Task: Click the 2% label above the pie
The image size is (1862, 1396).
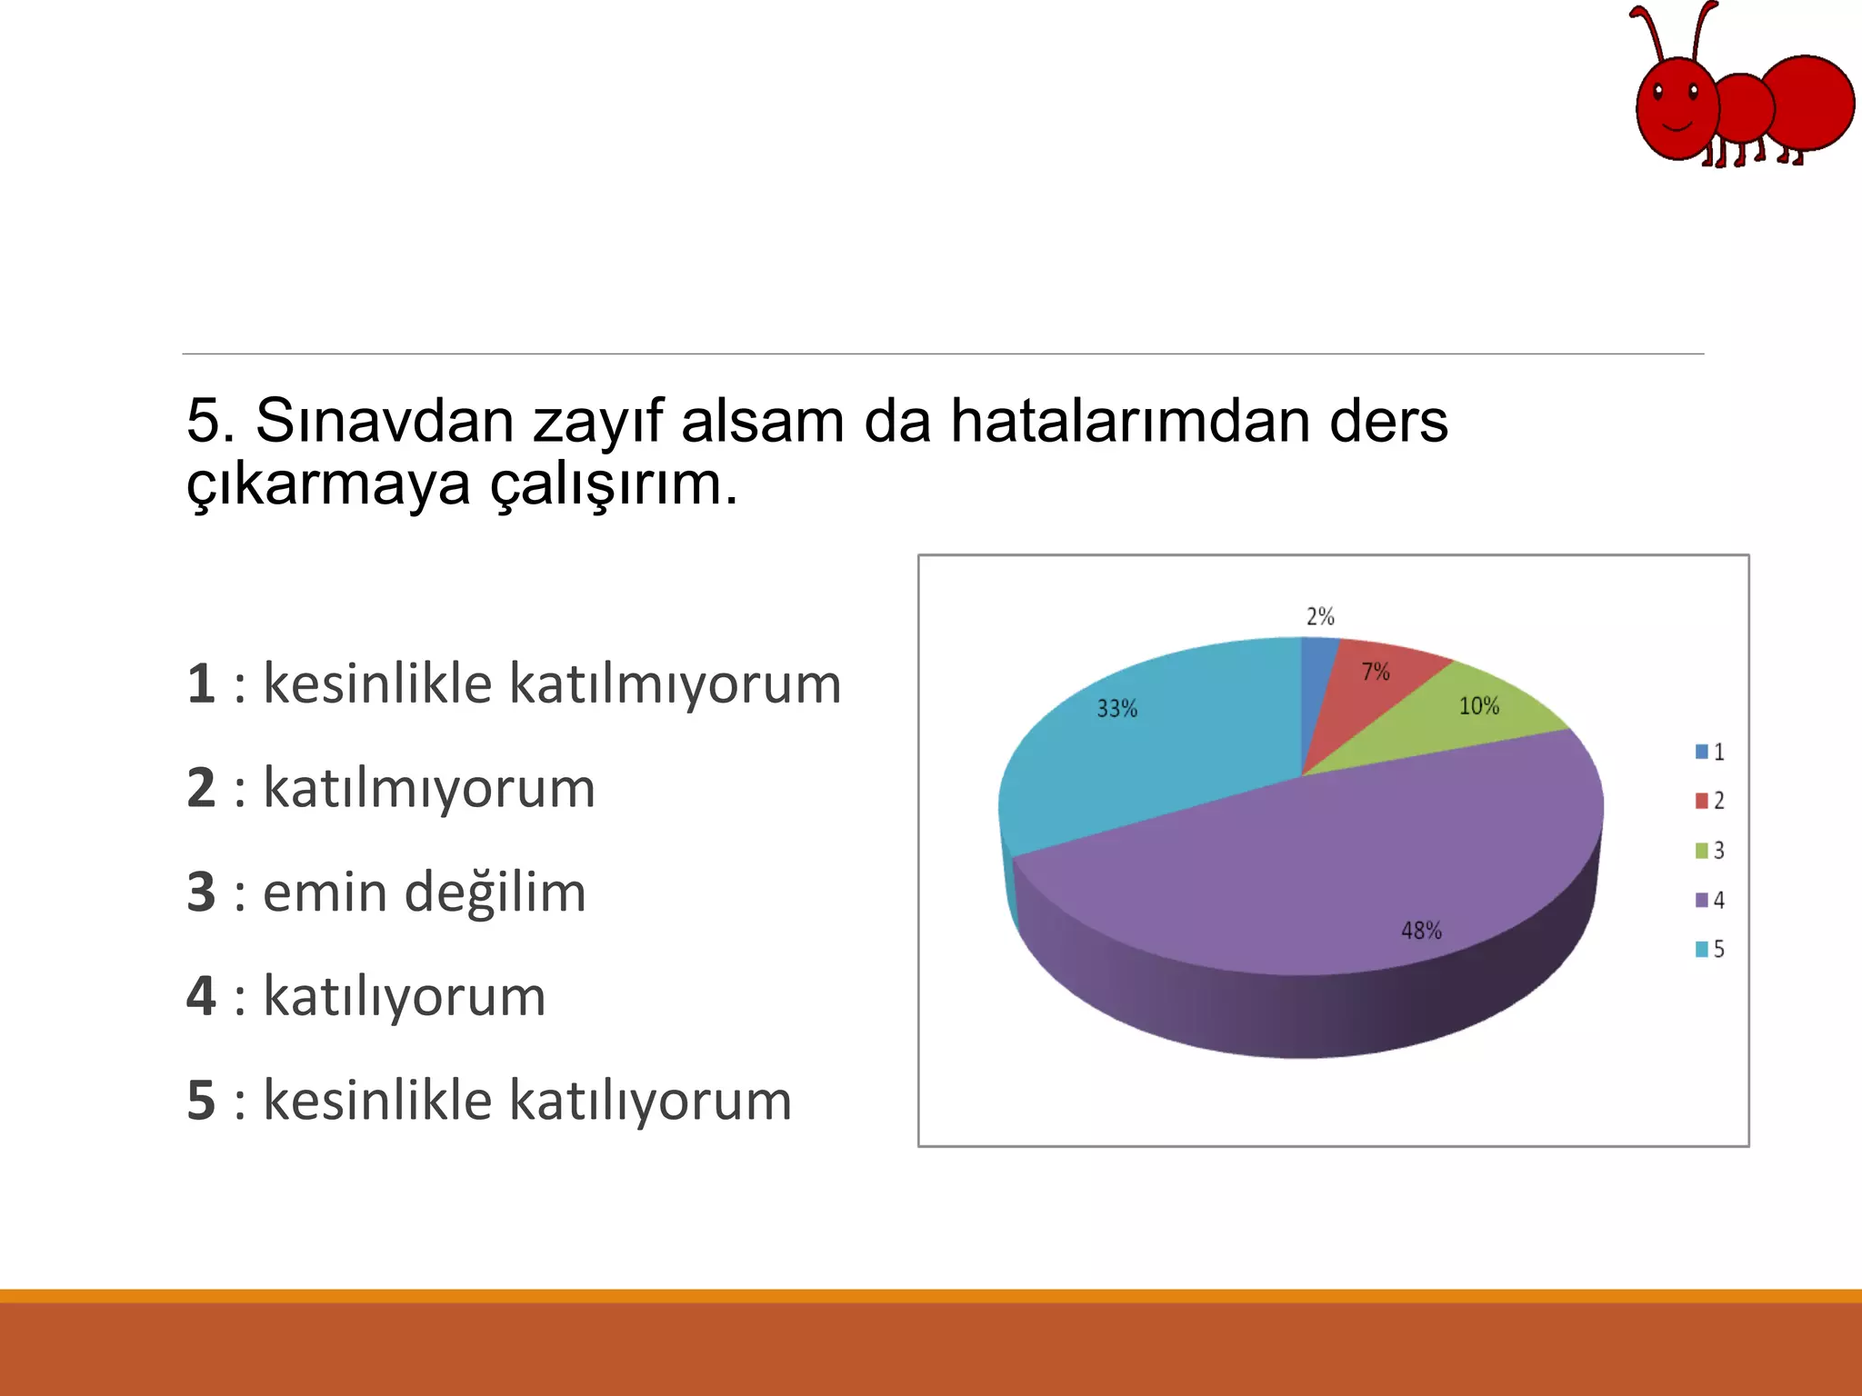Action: [x=1320, y=617]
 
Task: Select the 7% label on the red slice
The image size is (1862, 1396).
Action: [x=1376, y=673]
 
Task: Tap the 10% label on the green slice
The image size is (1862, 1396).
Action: [x=1478, y=706]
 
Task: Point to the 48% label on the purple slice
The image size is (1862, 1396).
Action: [x=1421, y=931]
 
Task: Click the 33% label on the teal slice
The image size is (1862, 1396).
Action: [x=1116, y=709]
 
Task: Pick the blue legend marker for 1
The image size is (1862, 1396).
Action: [x=1702, y=752]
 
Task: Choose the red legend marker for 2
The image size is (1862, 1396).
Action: [x=1702, y=801]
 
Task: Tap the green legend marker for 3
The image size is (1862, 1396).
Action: [x=1702, y=851]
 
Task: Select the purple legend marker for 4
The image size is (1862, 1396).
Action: [x=1702, y=900]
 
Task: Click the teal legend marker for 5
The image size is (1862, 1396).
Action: [x=1702, y=949]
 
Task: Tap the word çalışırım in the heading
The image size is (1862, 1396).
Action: [x=614, y=484]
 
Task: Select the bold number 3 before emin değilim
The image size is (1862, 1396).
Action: [x=201, y=892]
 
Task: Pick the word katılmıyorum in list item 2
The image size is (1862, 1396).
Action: [x=429, y=788]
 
